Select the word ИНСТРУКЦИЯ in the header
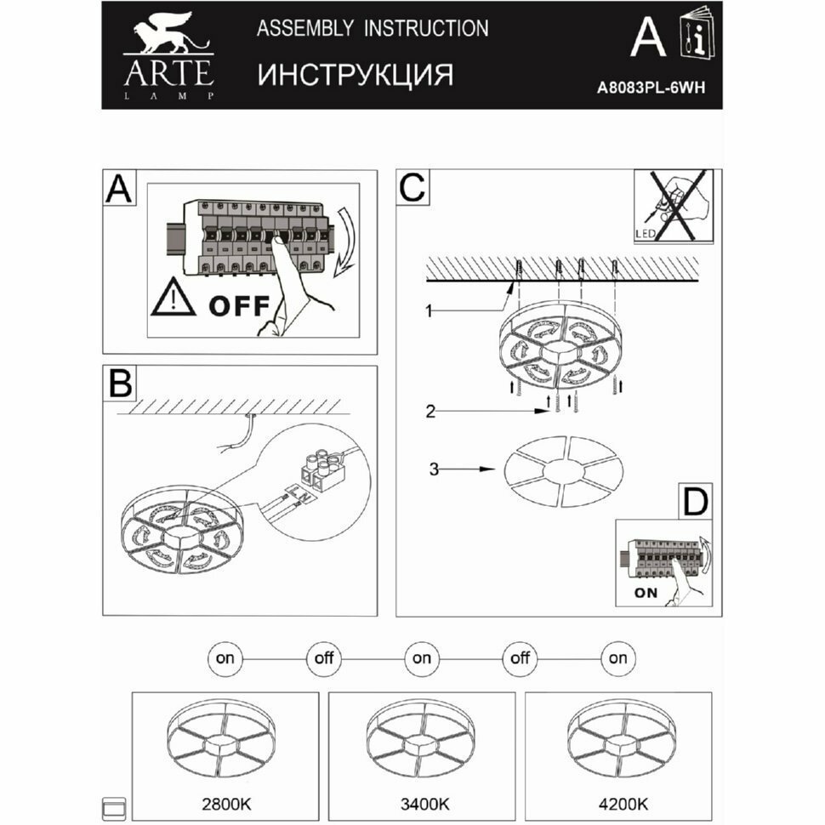[x=355, y=75]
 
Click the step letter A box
[x=120, y=189]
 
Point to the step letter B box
[x=120, y=384]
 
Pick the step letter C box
[x=412, y=188]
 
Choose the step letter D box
[x=696, y=502]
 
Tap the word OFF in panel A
[x=239, y=304]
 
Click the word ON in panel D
[x=646, y=593]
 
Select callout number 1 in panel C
[x=431, y=312]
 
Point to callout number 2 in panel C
[x=431, y=412]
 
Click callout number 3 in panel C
[x=434, y=468]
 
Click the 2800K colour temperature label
[x=225, y=803]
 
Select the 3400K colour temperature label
[x=421, y=803]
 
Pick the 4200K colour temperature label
[x=618, y=803]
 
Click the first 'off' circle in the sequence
[x=324, y=657]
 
